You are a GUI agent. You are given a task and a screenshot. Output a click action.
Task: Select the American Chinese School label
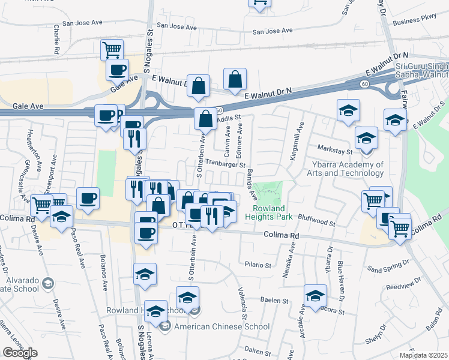219,326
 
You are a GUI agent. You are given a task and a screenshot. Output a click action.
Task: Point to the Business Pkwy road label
414,21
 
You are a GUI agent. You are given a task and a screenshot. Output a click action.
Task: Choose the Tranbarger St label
226,163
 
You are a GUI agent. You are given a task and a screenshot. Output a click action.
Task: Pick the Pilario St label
259,263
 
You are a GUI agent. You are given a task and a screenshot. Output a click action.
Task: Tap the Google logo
20,352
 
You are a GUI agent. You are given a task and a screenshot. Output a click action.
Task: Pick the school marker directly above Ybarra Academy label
366,137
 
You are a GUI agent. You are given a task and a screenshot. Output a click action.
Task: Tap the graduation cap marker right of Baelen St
315,295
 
